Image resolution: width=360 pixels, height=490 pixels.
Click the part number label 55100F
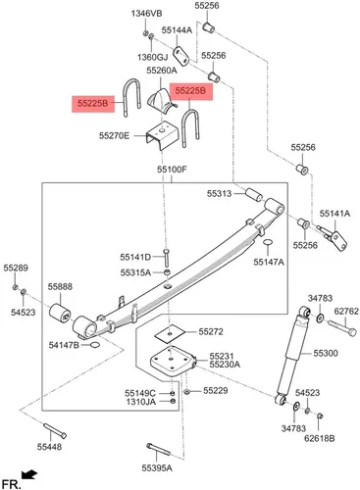[x=172, y=170]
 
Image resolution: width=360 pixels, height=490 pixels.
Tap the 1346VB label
[x=146, y=14]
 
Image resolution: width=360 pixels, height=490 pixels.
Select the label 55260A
[x=162, y=71]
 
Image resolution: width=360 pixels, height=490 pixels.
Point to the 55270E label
[x=114, y=135]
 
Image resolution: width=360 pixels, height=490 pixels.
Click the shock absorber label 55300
[x=326, y=353]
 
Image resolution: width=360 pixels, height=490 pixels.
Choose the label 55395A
[x=157, y=468]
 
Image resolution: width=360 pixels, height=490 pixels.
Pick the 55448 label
[x=49, y=447]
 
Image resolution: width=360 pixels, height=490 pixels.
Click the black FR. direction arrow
[x=29, y=474]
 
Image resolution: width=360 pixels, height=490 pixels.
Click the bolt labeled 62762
[x=341, y=328]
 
